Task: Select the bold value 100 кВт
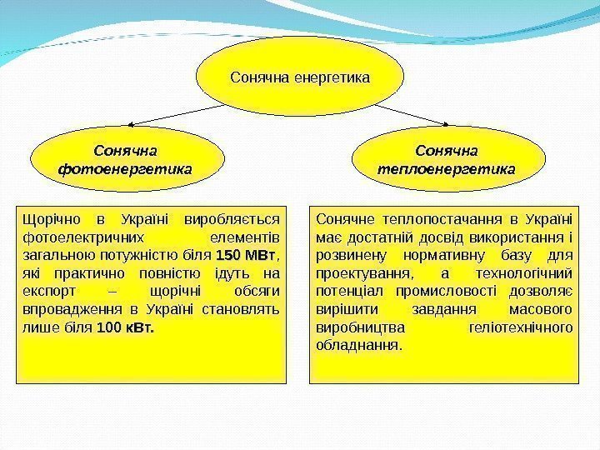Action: pos(125,328)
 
